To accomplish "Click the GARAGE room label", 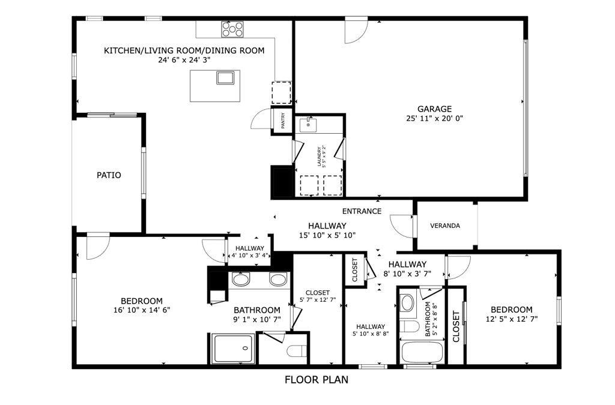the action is pyautogui.click(x=434, y=109).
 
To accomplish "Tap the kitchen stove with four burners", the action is pyautogui.click(x=232, y=29).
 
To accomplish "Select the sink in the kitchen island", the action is pyautogui.click(x=225, y=77).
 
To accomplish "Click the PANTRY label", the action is pyautogui.click(x=283, y=121).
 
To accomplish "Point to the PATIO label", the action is pyautogui.click(x=109, y=175).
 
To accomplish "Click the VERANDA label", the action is pyautogui.click(x=445, y=226).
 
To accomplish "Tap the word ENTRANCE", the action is pyautogui.click(x=362, y=212).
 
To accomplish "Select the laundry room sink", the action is pyautogui.click(x=308, y=125).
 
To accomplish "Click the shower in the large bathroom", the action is pyautogui.click(x=233, y=349).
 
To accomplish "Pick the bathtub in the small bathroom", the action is pyautogui.click(x=422, y=353).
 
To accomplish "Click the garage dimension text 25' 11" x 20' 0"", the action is pyautogui.click(x=435, y=118).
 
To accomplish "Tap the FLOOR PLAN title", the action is pyautogui.click(x=317, y=380).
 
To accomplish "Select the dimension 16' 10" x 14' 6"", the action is pyautogui.click(x=142, y=310).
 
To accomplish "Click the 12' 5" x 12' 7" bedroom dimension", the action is pyautogui.click(x=512, y=319).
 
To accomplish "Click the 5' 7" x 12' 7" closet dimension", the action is pyautogui.click(x=318, y=300).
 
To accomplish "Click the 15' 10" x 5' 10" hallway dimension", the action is pyautogui.click(x=327, y=235).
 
